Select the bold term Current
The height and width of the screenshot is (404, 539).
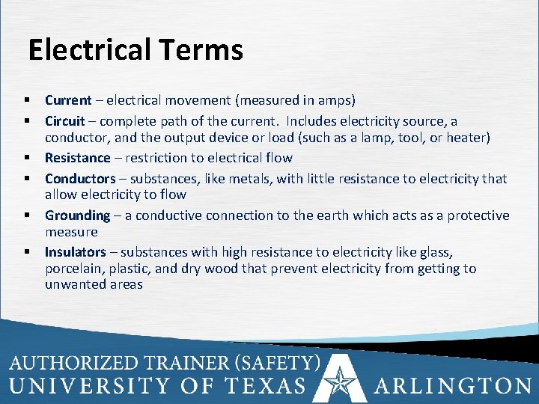[68, 100]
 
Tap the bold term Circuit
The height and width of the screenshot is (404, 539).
[64, 120]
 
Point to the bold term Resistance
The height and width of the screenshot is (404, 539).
[77, 158]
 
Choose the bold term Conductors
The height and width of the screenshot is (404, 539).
[80, 179]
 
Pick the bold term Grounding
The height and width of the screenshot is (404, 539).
[77, 215]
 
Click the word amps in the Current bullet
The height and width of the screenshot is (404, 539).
[335, 100]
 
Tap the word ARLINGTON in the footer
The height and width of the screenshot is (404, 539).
[453, 386]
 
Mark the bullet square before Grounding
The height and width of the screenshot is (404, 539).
[26, 215]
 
